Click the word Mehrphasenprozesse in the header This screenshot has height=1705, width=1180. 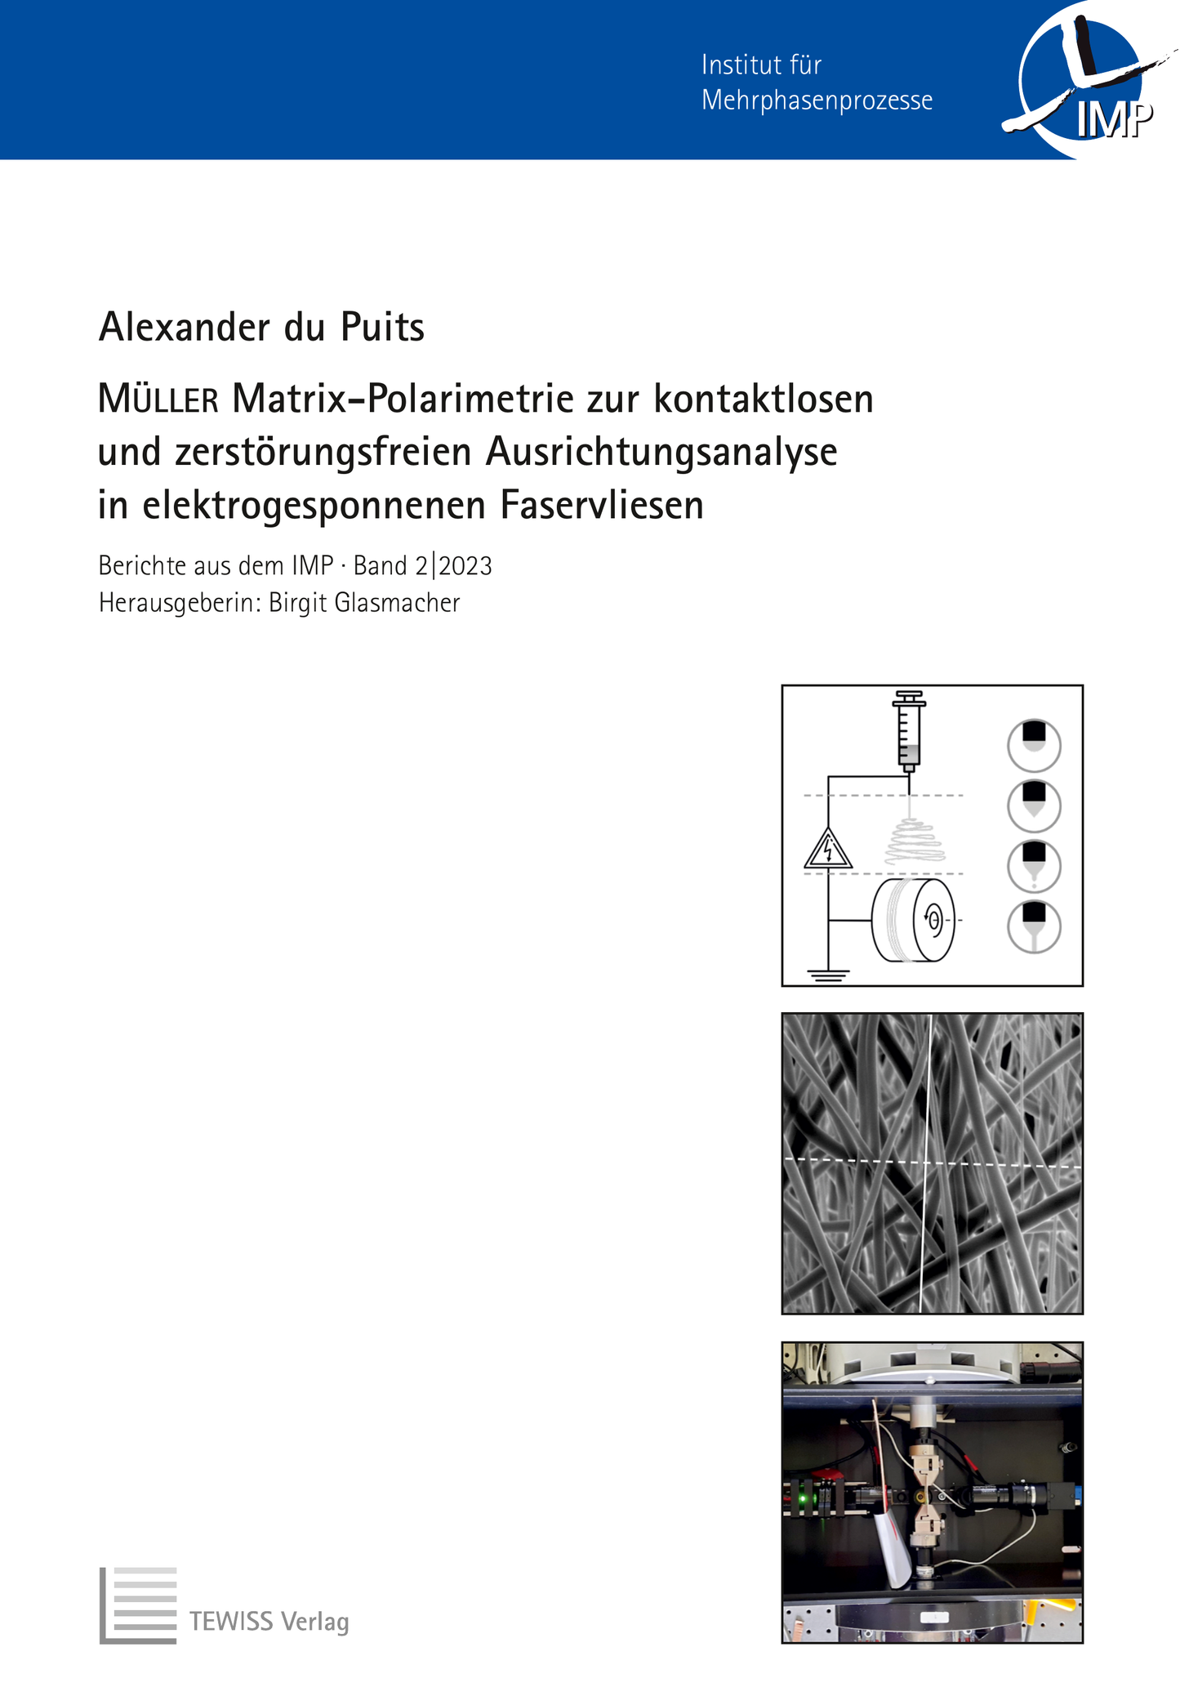(817, 100)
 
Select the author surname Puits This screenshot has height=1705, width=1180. (381, 328)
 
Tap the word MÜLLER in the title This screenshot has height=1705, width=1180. (158, 400)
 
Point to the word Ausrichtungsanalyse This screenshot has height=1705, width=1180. (662, 452)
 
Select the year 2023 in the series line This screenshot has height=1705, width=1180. (465, 565)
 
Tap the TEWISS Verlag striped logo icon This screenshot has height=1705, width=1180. (138, 1605)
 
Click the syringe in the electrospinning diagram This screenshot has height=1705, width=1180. (908, 731)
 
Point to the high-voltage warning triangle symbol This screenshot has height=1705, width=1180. (828, 850)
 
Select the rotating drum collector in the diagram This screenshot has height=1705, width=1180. (913, 920)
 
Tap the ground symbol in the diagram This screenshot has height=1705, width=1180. (828, 974)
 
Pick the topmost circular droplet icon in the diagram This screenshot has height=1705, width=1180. (1034, 744)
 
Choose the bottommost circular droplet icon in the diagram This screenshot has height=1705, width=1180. (1034, 926)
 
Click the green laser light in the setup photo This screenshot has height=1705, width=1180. (803, 1500)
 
